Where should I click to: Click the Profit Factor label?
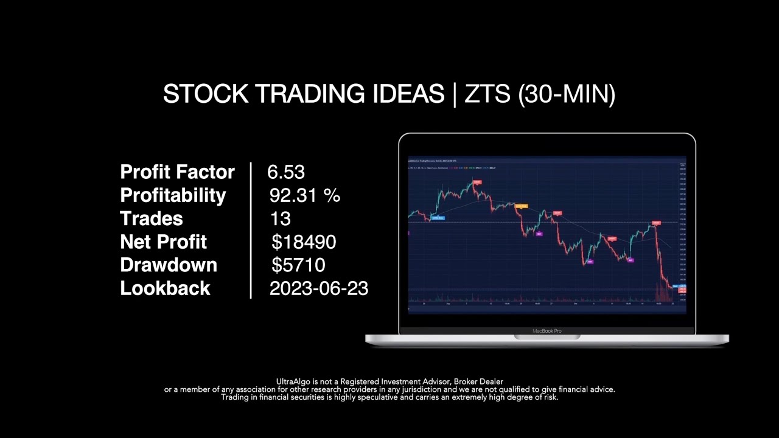(x=177, y=172)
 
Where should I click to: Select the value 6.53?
(x=286, y=172)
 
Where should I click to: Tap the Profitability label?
(x=173, y=195)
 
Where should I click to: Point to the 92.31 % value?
(x=304, y=195)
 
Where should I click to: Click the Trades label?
(x=151, y=218)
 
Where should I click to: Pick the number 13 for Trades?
(x=280, y=218)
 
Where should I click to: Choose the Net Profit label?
(x=163, y=242)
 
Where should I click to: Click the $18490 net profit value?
(x=304, y=242)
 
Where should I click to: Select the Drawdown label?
(x=169, y=265)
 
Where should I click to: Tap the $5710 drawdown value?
(x=298, y=265)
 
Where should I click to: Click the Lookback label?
(x=165, y=288)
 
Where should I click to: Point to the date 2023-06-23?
(x=318, y=288)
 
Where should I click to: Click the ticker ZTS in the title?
(x=487, y=94)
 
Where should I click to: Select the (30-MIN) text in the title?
(x=567, y=94)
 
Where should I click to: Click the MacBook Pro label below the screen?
(x=547, y=331)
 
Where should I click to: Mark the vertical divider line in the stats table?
(x=251, y=230)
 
